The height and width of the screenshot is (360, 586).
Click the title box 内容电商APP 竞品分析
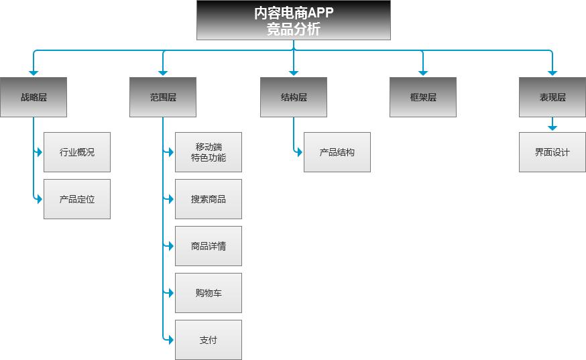[293, 21]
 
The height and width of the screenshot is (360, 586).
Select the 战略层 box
[34, 97]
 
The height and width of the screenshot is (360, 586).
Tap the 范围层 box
[163, 97]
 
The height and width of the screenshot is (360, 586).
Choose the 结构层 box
[294, 97]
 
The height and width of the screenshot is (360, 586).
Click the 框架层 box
[423, 97]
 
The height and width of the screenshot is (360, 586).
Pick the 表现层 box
[552, 97]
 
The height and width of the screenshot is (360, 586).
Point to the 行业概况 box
[77, 152]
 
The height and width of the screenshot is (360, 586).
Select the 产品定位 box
[77, 199]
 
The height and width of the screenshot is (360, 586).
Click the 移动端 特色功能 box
[209, 152]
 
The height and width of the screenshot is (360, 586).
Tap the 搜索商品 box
[209, 199]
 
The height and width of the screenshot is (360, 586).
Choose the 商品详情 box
[209, 246]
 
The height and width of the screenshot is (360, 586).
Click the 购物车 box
[209, 293]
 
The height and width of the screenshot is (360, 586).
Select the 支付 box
[209, 340]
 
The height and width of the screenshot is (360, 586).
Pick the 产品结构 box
[337, 152]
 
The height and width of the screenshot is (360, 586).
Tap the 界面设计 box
[552, 152]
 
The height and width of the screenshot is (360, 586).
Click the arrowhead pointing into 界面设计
[552, 127]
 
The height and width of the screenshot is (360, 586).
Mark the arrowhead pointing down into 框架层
[423, 72]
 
